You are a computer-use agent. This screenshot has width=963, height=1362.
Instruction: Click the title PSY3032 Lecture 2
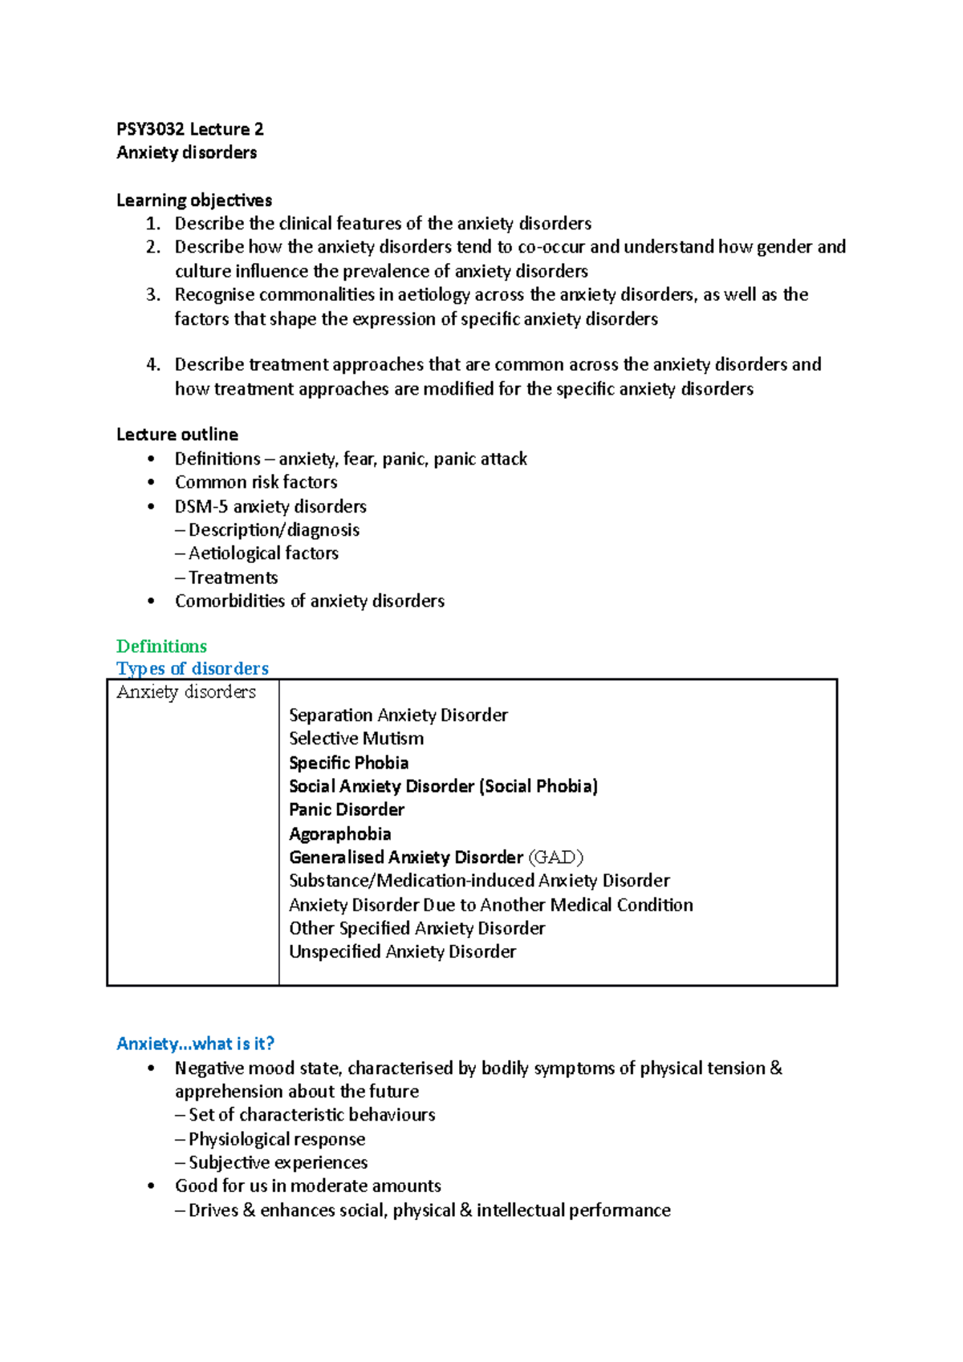(189, 129)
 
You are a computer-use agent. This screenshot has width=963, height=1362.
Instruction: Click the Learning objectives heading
(193, 200)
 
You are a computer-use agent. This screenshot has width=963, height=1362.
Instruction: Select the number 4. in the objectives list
(153, 365)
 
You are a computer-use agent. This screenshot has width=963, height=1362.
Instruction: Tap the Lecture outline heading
(177, 435)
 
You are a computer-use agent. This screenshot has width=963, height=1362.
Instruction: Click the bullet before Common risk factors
(151, 483)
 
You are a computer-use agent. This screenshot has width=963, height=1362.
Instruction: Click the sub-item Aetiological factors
(263, 553)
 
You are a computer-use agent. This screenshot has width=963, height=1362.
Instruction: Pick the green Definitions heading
(161, 647)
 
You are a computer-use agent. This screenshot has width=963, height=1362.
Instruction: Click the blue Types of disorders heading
(192, 669)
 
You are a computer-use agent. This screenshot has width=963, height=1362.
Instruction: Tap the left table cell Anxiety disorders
(186, 692)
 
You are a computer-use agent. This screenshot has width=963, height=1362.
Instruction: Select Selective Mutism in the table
(356, 739)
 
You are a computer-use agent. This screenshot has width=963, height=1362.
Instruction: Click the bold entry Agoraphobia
(340, 834)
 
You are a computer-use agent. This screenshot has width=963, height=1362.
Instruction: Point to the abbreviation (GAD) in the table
(555, 857)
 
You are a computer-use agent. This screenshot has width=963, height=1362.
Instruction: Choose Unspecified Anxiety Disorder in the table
(402, 952)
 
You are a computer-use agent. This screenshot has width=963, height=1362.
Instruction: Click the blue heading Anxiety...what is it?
(195, 1044)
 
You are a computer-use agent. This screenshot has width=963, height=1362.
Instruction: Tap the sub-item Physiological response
(276, 1139)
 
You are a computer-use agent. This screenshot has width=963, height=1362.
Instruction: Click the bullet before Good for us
(151, 1186)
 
